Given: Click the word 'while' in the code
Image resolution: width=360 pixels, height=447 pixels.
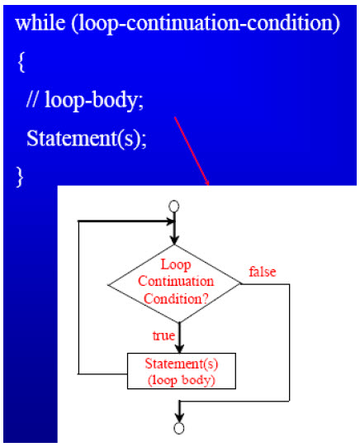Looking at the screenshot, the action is pos(40,22).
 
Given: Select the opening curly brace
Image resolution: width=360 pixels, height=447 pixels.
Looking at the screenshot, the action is pos(21,62).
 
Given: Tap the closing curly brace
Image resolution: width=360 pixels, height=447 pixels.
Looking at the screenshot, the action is pos(20,178).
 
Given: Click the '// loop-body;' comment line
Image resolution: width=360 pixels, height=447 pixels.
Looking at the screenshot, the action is pos(85,100).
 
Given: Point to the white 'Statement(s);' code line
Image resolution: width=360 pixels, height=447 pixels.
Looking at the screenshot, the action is pos(87,139).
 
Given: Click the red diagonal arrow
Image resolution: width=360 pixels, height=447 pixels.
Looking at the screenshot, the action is pos(192,151).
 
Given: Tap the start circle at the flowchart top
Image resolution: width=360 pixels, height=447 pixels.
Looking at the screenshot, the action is pos(174,207).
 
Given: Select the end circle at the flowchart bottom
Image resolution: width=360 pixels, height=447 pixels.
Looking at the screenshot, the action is pos(179,428).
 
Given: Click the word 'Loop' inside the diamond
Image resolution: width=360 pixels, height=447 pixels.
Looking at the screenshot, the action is pos(176,265).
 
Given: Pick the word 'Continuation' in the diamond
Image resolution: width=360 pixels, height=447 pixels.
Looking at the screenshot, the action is pos(176,282).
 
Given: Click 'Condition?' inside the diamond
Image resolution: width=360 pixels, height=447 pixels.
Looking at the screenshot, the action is pos(176,299).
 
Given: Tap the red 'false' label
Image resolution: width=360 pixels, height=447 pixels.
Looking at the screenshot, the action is pos(263,272).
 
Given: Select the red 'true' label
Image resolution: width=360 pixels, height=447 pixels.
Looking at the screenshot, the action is pos(163,335).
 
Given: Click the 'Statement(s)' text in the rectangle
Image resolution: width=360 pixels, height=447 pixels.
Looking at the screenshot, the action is pos(182,364).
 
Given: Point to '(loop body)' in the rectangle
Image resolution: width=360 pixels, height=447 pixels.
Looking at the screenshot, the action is pos(181,380).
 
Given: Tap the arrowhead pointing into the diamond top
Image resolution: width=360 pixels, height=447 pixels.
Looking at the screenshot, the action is pos(174,240).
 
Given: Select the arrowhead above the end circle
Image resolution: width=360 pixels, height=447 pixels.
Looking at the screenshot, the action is pos(179,417).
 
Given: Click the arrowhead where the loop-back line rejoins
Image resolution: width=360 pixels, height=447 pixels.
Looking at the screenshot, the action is pos(171,221).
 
